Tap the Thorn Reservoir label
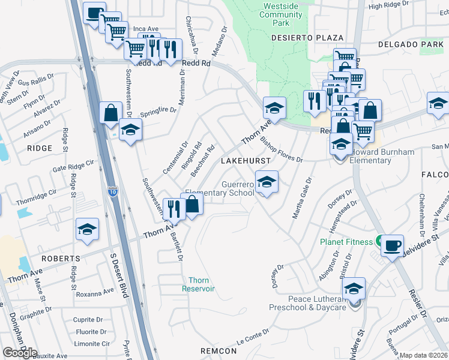pos(199,284)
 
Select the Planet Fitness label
pos(346,242)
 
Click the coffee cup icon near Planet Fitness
pos(392,246)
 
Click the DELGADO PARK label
pos(411,44)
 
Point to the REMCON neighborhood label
pos(219,350)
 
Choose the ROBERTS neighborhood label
pos(61,259)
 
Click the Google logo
pos(20,352)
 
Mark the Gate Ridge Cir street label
pos(74,166)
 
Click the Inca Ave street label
pos(145,28)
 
